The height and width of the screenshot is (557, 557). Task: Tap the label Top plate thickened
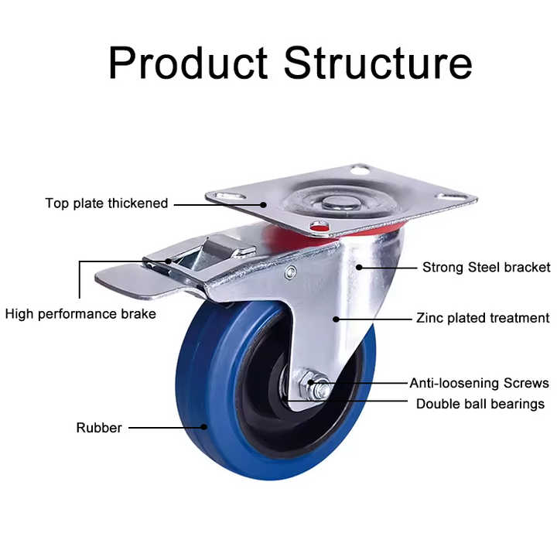tap(106, 203)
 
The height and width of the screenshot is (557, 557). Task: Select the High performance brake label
tap(80, 314)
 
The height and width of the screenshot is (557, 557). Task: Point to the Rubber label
tap(98, 428)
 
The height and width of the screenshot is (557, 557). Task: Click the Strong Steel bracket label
tap(486, 268)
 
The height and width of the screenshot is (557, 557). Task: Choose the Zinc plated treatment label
tap(483, 318)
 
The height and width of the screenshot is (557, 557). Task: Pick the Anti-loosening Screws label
tap(479, 383)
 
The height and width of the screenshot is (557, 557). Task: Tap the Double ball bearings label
tap(480, 404)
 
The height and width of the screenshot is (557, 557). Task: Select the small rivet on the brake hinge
tap(291, 272)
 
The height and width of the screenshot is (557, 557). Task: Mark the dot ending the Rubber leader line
tap(204, 427)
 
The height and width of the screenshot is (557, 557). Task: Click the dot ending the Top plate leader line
tap(264, 204)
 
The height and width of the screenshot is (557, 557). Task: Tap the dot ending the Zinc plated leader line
tap(337, 318)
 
